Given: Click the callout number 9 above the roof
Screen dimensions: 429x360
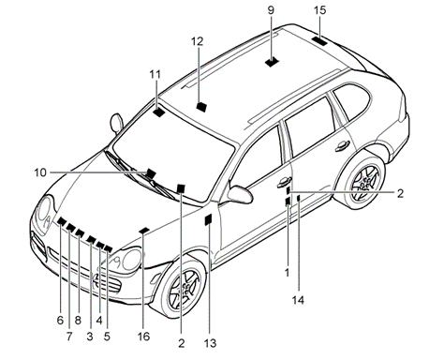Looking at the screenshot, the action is tap(271, 10).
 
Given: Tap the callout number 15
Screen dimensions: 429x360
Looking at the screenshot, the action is tap(319, 10).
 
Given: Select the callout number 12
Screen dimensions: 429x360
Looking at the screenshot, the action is tap(197, 41).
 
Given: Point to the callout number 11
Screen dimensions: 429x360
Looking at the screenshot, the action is tap(155, 74).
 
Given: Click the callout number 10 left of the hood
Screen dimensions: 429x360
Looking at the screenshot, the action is tap(40, 172).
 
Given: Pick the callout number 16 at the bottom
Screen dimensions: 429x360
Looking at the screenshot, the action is tap(143, 337).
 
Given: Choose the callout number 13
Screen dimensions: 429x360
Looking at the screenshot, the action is tap(210, 343).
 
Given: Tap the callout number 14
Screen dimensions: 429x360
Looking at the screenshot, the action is tap(298, 300).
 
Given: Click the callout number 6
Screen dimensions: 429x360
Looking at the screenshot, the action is tap(60, 321).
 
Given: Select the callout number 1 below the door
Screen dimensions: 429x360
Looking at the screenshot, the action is tap(288, 273).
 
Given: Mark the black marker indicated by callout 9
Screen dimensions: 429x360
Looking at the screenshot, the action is tap(273, 62).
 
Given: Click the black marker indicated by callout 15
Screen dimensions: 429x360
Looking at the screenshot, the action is tap(319, 41).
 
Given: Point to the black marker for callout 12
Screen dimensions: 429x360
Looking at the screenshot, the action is tap(201, 107).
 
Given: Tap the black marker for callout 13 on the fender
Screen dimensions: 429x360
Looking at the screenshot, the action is tap(208, 219).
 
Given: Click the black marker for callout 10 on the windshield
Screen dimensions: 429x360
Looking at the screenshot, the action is tap(151, 173).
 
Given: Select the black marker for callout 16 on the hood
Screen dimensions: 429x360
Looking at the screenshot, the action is tap(144, 231).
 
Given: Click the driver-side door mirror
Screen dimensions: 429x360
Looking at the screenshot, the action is tap(240, 194).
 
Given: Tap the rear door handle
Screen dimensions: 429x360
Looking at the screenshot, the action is tap(342, 146).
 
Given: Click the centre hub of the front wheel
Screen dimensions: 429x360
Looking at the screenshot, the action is tap(185, 289).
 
